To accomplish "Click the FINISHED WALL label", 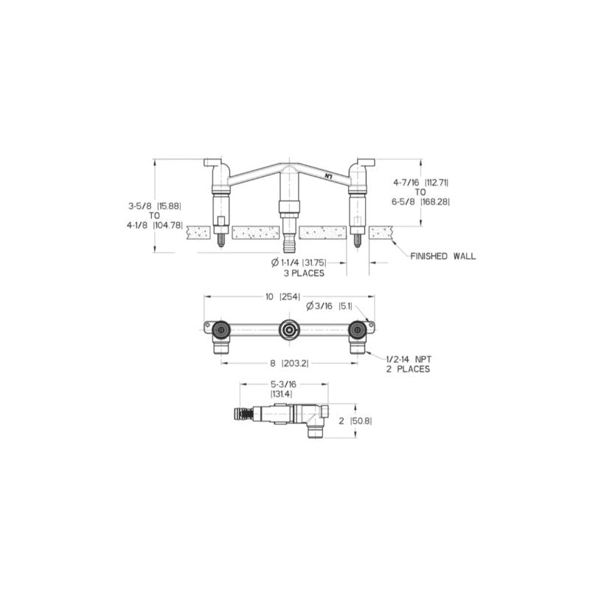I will click(442, 256).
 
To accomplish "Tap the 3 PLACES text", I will click(304, 273).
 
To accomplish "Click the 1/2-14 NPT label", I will click(408, 358).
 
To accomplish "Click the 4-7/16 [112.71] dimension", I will click(420, 181).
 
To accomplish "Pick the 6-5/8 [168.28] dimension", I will click(420, 201).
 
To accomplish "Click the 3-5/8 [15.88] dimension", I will click(153, 206).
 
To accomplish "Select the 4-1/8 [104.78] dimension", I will click(153, 226).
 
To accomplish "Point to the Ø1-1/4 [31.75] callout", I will click(298, 263).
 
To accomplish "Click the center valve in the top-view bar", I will click(288, 330).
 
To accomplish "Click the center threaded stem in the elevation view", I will click(288, 221).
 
